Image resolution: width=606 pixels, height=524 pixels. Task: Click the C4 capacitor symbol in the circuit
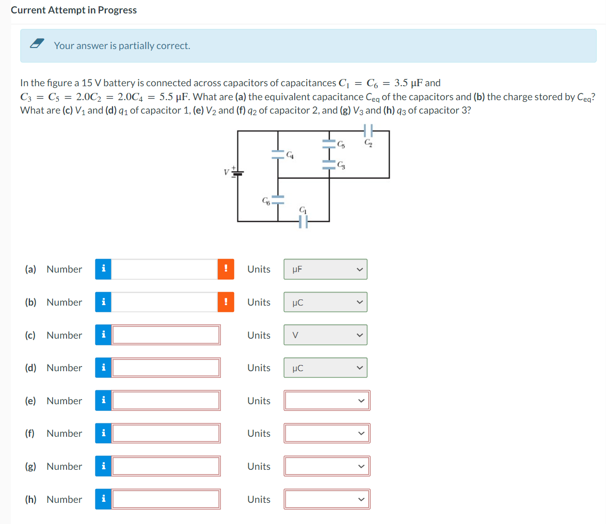[x=278, y=153]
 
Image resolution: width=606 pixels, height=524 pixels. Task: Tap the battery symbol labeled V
[x=238, y=172]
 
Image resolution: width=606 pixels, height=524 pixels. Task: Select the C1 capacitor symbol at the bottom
[x=303, y=221]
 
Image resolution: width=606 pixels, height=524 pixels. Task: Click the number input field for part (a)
[x=164, y=269]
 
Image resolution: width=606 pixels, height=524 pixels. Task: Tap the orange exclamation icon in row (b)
[x=226, y=302]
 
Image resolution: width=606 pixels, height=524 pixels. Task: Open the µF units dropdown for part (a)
[x=325, y=269]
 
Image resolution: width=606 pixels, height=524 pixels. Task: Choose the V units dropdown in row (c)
[x=325, y=335]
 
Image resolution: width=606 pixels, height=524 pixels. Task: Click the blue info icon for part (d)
[x=103, y=368]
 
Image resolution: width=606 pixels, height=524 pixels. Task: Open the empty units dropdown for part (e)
[x=326, y=401]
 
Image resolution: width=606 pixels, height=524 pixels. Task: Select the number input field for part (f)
[x=166, y=434]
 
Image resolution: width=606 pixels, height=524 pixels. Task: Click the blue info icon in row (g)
[x=103, y=466]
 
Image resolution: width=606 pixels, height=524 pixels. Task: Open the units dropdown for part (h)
[x=326, y=499]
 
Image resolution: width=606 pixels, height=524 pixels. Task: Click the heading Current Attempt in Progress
[x=74, y=10]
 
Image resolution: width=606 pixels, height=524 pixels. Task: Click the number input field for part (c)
[x=166, y=335]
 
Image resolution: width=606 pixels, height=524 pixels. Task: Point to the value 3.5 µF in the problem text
[x=410, y=83]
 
